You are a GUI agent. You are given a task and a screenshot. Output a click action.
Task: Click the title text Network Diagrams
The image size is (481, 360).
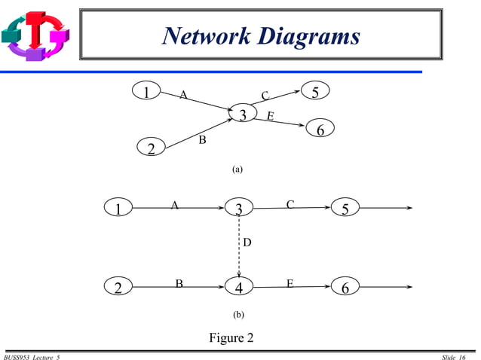coord(262,36)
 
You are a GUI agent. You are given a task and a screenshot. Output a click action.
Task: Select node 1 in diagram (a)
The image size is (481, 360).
coord(146,91)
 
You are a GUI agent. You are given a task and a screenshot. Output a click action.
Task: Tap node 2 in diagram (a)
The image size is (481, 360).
coord(151,148)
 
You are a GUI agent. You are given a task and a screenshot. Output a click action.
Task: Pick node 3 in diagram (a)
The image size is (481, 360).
coord(243,115)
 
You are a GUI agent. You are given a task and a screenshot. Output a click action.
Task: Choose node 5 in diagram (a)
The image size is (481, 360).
coord(315,92)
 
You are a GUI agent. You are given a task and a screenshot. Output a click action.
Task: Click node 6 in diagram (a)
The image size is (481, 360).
coord(320,130)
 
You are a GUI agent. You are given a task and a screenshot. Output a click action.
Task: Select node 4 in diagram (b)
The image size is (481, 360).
coord(239,287)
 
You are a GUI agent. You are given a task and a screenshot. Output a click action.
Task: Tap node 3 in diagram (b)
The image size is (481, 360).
coord(239,209)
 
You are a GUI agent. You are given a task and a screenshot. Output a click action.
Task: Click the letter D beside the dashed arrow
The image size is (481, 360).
coord(247,243)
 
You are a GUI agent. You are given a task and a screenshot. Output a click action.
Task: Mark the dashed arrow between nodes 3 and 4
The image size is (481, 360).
coord(239,249)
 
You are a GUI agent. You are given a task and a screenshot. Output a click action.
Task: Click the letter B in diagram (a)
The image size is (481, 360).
coord(202,139)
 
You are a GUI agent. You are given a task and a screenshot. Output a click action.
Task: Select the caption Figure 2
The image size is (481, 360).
coord(231,337)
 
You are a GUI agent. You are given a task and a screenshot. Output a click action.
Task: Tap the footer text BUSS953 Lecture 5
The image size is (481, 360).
coord(32,356)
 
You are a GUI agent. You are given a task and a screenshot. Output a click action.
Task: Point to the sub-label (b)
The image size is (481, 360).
coord(237,312)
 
